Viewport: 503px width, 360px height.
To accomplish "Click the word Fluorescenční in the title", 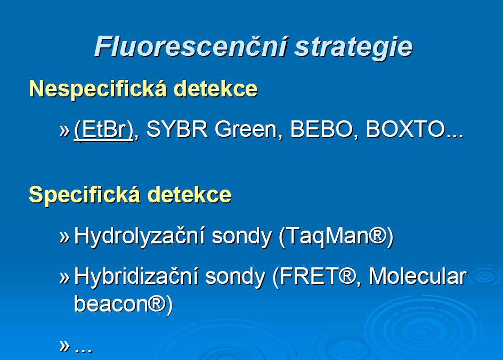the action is click(191, 47).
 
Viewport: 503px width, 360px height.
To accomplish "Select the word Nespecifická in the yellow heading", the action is click(98, 89).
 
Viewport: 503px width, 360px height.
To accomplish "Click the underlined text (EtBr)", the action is click(103, 130).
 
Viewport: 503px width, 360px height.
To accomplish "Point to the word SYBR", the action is click(177, 129).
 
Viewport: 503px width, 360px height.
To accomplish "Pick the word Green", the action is click(246, 129).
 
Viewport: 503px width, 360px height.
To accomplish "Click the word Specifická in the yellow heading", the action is click(84, 195).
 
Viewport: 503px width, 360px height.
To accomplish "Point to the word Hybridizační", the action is click(136, 276).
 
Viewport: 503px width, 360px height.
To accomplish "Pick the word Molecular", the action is click(417, 276).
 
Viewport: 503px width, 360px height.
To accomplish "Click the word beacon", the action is click(111, 304).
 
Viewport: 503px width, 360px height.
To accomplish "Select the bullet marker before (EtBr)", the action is click(64, 130).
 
